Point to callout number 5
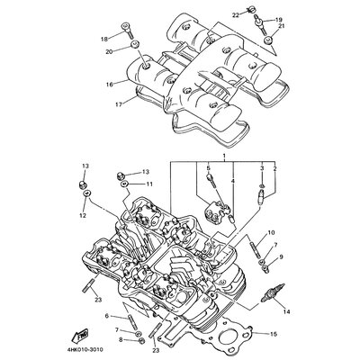click(207, 168)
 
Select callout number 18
click(103, 40)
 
